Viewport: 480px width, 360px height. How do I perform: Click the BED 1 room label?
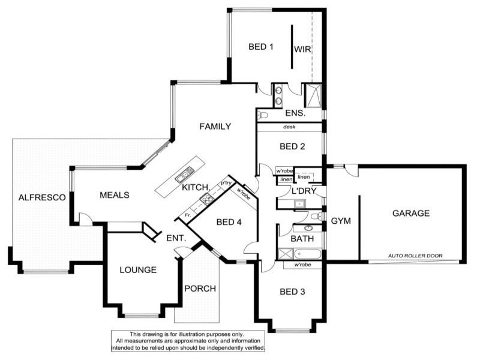(261, 47)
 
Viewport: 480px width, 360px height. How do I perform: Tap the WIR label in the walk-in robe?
(302, 49)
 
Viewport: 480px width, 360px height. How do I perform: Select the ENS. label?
(295, 113)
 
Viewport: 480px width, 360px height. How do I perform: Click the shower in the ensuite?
(313, 95)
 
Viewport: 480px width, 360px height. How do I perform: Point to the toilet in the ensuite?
(263, 115)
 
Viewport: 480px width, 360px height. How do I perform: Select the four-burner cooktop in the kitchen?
(206, 200)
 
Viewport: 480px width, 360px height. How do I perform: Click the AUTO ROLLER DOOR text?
(415, 256)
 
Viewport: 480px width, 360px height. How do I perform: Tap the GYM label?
(341, 221)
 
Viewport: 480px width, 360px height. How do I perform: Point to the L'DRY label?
(300, 191)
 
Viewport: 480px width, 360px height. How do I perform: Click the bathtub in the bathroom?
(300, 254)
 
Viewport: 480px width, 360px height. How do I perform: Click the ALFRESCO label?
(41, 197)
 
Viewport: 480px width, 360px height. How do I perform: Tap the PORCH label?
(200, 288)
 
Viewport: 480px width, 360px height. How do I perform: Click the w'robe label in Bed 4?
(244, 193)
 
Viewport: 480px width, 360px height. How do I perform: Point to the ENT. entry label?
(176, 238)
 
